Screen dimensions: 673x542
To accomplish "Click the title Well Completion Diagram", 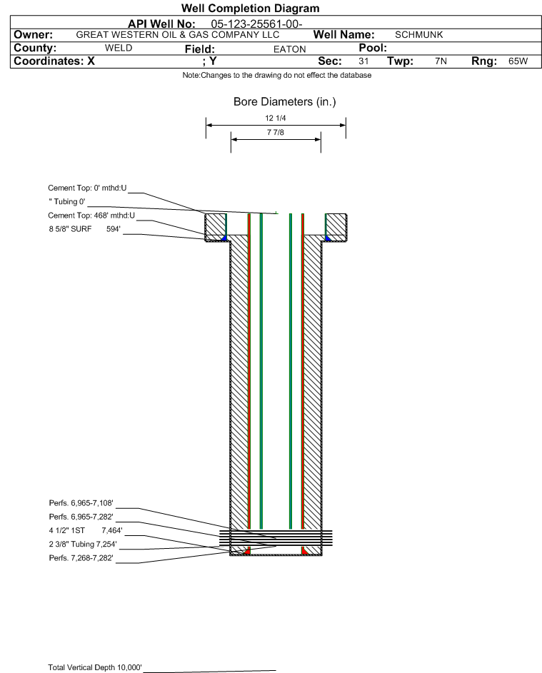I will pos(250,9).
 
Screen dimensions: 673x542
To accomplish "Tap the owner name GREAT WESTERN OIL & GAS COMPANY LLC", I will pos(177,35).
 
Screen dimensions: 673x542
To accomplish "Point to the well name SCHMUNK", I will pos(419,35).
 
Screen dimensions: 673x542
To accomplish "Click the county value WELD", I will pos(119,49).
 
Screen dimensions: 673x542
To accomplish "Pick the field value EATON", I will pos(289,49).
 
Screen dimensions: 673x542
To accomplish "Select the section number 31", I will pos(363,61).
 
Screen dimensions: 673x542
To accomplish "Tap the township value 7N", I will pos(441,61).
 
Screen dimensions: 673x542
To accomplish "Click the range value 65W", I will pos(518,61).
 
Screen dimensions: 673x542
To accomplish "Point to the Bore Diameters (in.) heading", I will pos(284,102).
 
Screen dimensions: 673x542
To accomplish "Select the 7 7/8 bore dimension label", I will pos(276,133).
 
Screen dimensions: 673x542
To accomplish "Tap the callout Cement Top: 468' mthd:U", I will pos(91,216).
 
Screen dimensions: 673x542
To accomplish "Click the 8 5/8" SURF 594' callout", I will pos(84,229).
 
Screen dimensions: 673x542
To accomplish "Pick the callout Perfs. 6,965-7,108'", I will pos(81,503).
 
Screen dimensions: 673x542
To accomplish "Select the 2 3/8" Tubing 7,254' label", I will pos(82,544).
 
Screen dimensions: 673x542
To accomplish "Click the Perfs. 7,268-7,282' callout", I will pos(81,557).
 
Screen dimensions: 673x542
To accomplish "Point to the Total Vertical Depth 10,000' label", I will pos(95,667).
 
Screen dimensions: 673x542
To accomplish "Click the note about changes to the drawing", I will pos(277,76).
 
